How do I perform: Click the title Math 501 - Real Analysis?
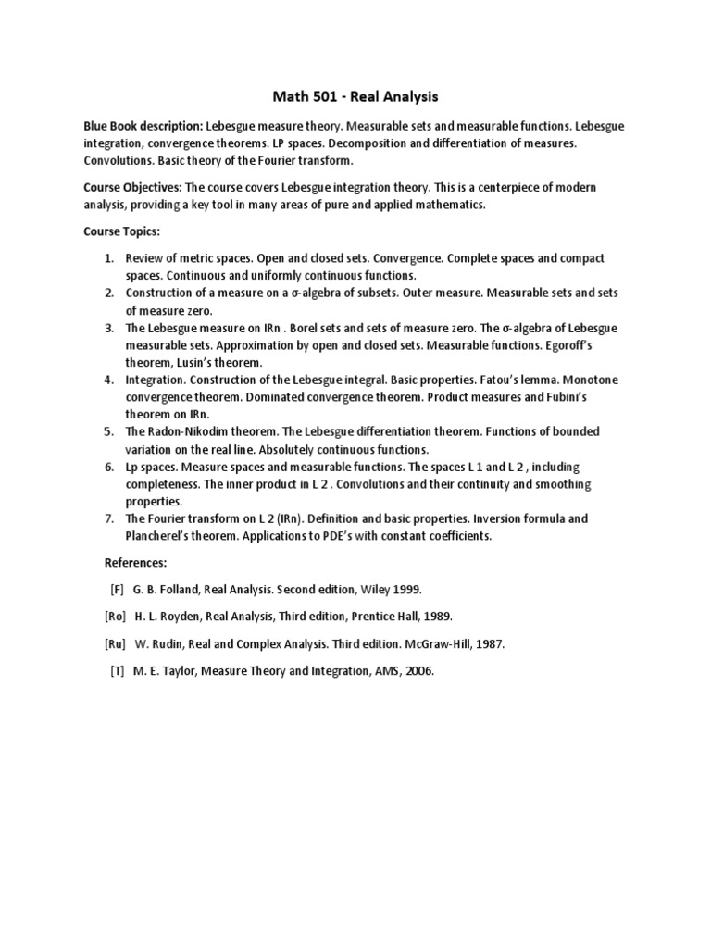click(x=355, y=95)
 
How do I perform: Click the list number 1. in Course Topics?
click(x=108, y=258)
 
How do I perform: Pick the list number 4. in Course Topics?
click(x=108, y=380)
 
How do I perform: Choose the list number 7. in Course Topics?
click(x=108, y=518)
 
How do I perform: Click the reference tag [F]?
click(x=116, y=589)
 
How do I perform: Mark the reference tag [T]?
click(x=117, y=671)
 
